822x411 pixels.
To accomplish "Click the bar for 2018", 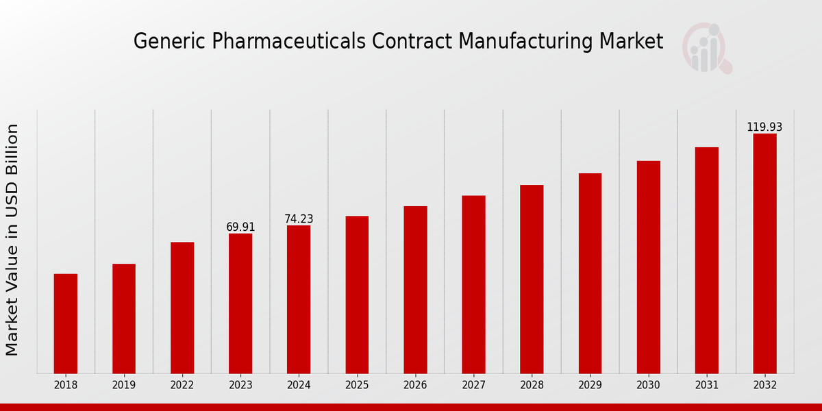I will click(x=66, y=323).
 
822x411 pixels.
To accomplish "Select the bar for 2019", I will click(x=124, y=319).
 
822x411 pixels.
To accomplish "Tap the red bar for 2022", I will click(x=182, y=308).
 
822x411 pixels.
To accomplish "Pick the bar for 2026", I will click(x=415, y=290).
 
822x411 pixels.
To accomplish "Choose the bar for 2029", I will click(x=590, y=273).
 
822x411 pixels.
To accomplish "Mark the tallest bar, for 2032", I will click(x=764, y=253).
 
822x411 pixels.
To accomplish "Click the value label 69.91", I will click(x=240, y=227).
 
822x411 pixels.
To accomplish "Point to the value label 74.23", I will click(x=299, y=219).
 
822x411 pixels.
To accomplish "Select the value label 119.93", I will click(x=764, y=127).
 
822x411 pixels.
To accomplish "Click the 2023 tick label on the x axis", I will click(x=240, y=386).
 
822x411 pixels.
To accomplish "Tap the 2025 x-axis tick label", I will click(x=357, y=386).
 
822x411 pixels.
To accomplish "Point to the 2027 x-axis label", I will click(x=473, y=386).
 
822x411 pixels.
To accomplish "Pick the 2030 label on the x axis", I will click(x=648, y=386).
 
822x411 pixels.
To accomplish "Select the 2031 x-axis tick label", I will click(x=706, y=386).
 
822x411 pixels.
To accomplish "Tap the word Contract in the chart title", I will click(x=413, y=41).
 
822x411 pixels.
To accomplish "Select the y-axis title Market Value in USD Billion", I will click(x=12, y=240).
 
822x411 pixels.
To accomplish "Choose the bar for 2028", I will click(x=532, y=279).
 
